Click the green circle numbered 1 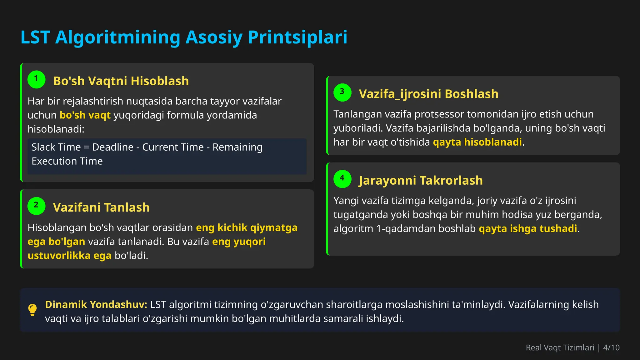point(36,79)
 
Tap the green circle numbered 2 point(36,206)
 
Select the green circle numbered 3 point(342,92)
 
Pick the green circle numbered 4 point(342,179)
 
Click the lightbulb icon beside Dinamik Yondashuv point(32,310)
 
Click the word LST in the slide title point(35,37)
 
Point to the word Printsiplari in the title point(297,37)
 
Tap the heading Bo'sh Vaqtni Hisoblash point(121,81)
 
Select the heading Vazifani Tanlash point(101,207)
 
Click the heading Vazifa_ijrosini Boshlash point(428,94)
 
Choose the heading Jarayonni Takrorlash point(421,180)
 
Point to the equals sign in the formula point(87,147)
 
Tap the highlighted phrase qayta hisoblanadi point(477,142)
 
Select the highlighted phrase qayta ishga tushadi point(528,229)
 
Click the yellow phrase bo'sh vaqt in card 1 point(85,115)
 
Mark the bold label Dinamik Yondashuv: point(96,304)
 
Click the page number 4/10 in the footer point(611,347)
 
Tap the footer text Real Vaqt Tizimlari point(560,347)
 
